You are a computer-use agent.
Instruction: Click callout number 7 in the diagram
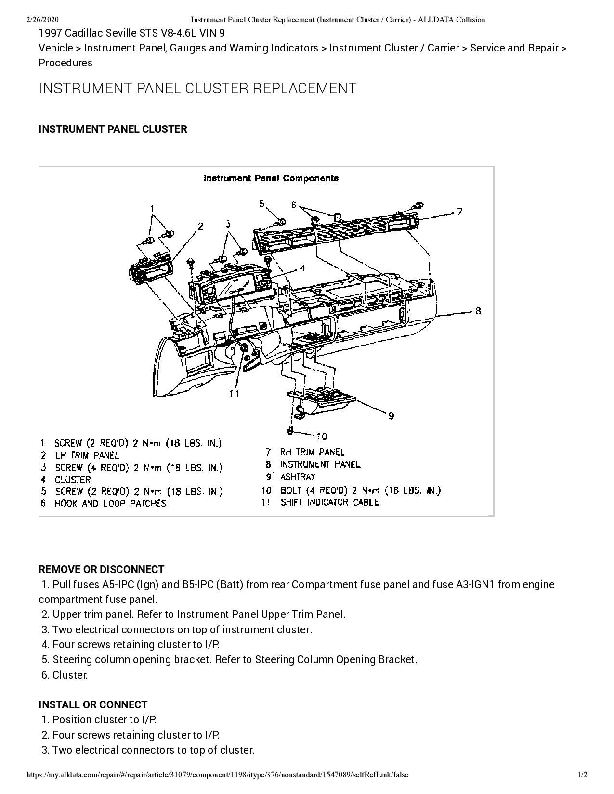coord(460,211)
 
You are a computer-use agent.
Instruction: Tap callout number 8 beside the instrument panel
coord(478,311)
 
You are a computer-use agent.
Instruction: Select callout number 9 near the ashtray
coord(391,416)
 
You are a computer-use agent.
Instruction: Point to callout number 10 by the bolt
coord(322,436)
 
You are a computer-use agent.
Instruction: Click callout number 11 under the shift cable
coord(235,393)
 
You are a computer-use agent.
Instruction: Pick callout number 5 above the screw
coord(262,204)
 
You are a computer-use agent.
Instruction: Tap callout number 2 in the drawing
coord(200,226)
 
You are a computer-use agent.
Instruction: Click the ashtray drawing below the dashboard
coord(322,399)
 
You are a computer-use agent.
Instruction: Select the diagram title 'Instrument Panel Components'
coord(271,179)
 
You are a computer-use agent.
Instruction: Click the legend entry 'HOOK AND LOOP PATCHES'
coord(110,503)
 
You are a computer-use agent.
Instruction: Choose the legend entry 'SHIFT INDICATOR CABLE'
coord(329,502)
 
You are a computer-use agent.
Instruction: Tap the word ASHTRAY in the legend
coord(298,477)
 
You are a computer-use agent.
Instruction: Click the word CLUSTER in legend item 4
coord(73,480)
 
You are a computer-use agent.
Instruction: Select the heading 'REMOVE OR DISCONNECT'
coord(101,569)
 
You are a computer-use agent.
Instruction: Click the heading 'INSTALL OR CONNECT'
coord(93,704)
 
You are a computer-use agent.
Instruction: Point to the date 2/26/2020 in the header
coord(42,20)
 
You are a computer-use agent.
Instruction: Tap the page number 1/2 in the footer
coord(582,775)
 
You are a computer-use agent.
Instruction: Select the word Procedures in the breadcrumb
coord(65,63)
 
